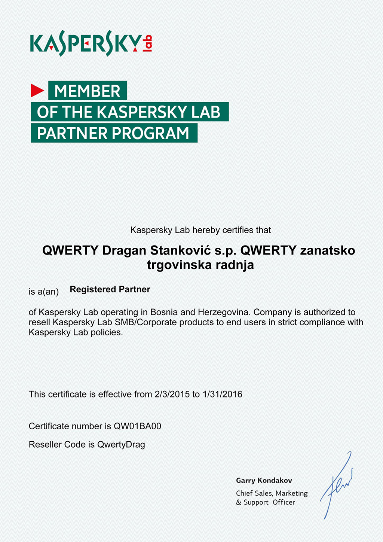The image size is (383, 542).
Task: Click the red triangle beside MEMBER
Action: (37, 90)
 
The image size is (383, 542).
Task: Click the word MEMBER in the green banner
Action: (88, 91)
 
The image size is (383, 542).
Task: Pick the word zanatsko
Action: (328, 250)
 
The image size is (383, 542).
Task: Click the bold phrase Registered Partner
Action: (110, 289)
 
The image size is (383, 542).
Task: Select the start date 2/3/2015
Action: (172, 394)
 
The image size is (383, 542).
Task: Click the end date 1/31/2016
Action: (222, 394)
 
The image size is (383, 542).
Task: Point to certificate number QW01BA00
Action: (137, 426)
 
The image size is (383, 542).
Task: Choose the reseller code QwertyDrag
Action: (121, 445)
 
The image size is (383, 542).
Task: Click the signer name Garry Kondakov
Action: (264, 481)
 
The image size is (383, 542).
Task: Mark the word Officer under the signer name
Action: (284, 502)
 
